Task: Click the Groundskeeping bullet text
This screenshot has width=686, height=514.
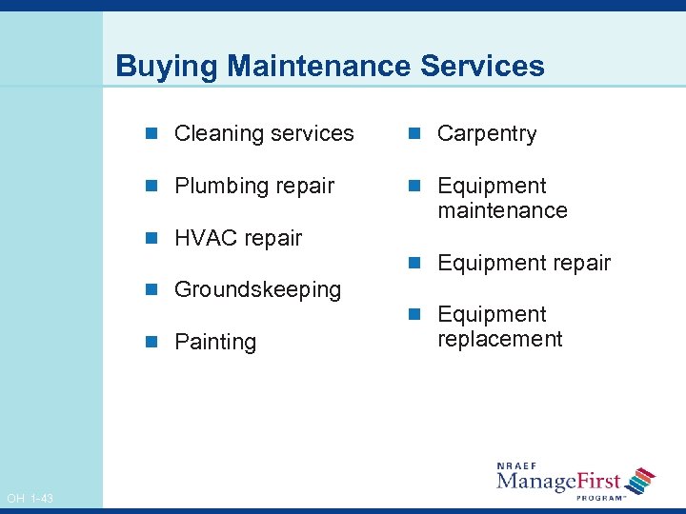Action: (257, 289)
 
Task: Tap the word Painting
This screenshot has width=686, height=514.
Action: (215, 342)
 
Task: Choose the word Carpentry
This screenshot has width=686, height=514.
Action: (487, 134)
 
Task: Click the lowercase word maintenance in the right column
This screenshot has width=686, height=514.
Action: (502, 210)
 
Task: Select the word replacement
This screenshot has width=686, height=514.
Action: (500, 339)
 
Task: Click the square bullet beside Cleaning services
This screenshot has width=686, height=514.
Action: (156, 134)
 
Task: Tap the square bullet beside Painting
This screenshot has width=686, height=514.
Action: (156, 342)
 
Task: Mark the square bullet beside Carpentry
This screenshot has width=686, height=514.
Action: (417, 134)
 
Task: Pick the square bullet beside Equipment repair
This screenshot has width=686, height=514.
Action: (417, 263)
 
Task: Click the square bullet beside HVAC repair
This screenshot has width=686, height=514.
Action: (156, 238)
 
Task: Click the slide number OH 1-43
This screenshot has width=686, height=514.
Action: (30, 499)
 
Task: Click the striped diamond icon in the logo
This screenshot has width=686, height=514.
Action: (642, 480)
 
